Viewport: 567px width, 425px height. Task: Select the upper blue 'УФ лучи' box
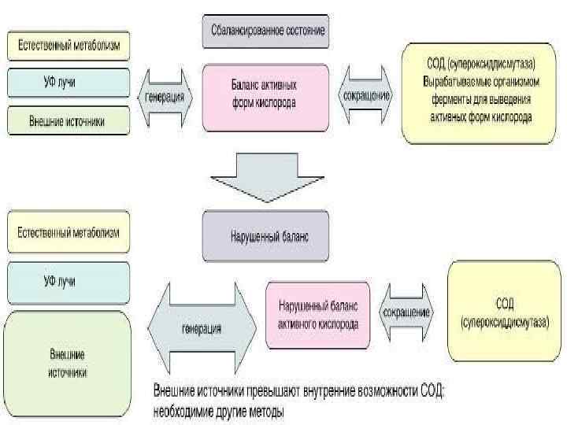[69, 82]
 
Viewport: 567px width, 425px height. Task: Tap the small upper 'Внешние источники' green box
[69, 120]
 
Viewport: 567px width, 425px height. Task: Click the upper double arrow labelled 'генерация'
[166, 98]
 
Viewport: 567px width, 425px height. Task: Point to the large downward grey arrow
[265, 174]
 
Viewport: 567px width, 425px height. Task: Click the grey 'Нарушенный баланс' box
[265, 234]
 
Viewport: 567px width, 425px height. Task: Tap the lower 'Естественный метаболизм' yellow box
[69, 234]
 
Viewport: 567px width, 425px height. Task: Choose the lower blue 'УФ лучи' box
[69, 281]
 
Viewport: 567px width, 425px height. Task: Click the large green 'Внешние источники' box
[69, 364]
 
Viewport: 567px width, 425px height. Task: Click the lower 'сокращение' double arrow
[406, 312]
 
